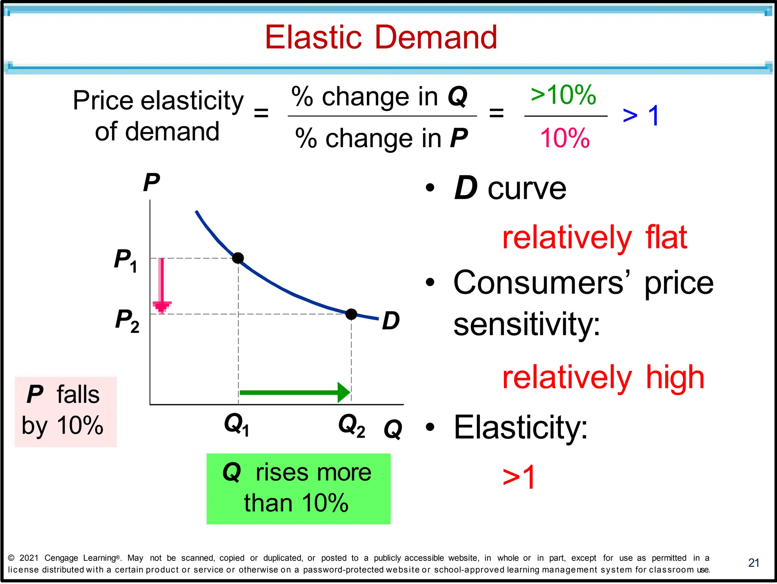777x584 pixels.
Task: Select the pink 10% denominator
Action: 565,138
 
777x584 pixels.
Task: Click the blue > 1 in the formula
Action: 641,115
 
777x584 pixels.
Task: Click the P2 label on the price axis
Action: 127,320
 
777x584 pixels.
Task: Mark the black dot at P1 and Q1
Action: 238,258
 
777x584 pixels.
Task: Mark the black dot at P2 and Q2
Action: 351,314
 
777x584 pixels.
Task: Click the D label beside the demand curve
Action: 391,321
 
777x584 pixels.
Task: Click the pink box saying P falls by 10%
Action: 66,411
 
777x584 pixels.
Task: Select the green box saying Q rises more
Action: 298,488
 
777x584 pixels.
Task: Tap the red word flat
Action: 666,237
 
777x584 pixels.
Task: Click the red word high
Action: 675,377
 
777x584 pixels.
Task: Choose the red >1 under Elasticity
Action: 519,477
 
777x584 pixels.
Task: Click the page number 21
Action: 753,562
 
